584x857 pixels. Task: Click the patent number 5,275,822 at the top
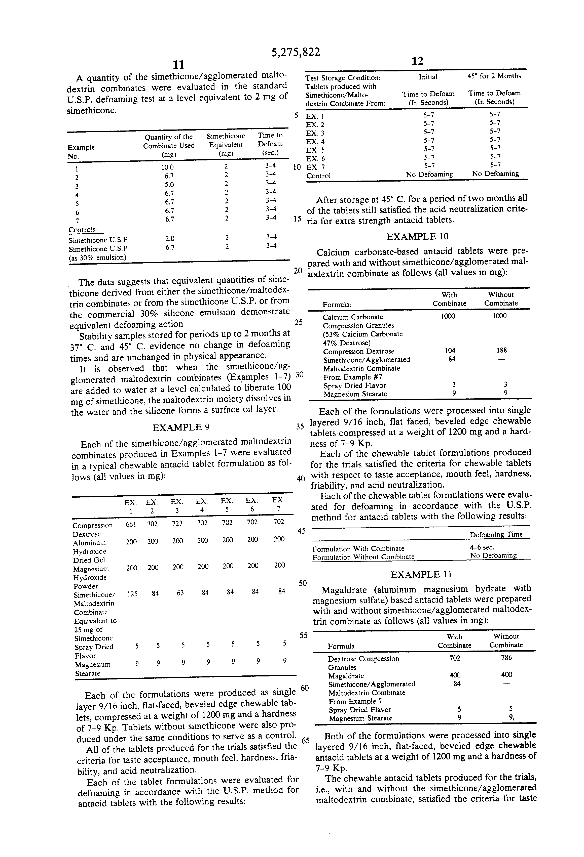click(295, 52)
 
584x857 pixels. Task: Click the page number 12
click(417, 61)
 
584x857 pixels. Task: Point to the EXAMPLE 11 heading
click(421, 575)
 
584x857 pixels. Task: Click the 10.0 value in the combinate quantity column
click(167, 167)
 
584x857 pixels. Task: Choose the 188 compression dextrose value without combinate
click(501, 350)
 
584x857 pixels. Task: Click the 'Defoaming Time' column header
click(496, 535)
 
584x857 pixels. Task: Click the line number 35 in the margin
click(300, 427)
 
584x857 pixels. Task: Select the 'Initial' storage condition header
click(428, 77)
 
